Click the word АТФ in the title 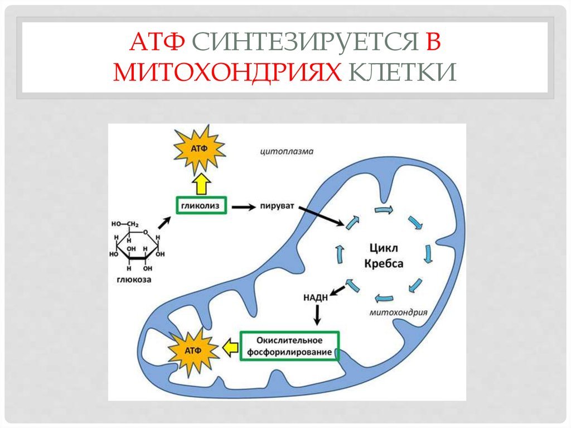[157, 42]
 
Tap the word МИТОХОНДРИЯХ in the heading [228, 71]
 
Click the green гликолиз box [201, 205]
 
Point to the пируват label [277, 206]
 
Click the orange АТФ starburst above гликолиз [199, 149]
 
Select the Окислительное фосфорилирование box [289, 346]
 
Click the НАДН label [316, 298]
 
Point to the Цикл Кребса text [384, 256]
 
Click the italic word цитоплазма [287, 151]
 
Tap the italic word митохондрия [398, 312]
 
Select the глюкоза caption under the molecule [134, 280]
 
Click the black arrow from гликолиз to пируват [244, 207]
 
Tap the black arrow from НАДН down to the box [317, 315]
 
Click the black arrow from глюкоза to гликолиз [164, 223]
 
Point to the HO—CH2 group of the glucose [124, 224]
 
